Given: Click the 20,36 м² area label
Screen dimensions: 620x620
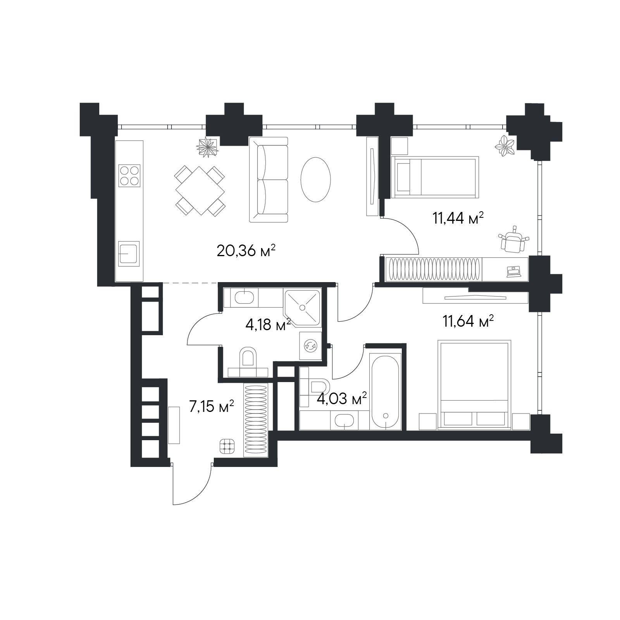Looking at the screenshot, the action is (x=246, y=251).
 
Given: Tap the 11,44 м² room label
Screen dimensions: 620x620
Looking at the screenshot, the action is (x=458, y=218).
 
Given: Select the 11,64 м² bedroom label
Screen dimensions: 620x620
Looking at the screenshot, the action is (x=468, y=321).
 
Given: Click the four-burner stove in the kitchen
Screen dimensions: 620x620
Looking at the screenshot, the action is (x=129, y=176).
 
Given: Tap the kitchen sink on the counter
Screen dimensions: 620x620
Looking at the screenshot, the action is (x=129, y=253).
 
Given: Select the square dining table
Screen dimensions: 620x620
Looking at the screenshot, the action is (x=200, y=191).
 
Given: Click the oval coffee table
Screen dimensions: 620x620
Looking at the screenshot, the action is (x=316, y=179).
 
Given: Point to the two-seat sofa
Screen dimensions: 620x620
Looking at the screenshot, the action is (x=269, y=179).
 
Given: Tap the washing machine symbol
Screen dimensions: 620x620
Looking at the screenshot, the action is (x=311, y=345).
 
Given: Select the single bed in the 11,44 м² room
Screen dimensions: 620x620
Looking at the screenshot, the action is (x=435, y=177).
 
